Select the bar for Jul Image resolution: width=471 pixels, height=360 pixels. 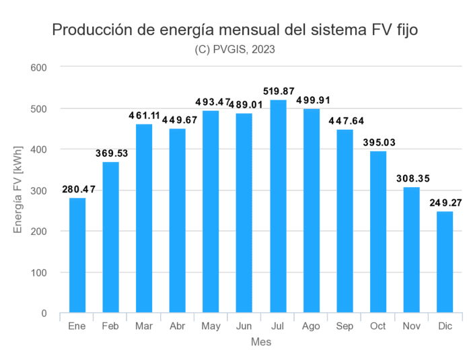point(278,207)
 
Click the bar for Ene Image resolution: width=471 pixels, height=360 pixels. point(77,256)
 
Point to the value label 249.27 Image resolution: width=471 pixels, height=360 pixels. point(445,202)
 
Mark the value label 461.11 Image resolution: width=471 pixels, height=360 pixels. point(144,115)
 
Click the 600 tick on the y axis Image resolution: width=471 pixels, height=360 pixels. point(38,67)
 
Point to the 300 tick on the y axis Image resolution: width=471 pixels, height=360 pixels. point(38,190)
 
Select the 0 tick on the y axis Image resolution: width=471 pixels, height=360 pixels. point(44,314)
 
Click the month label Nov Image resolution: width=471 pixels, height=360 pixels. point(411,326)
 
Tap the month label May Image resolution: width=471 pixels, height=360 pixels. point(211,326)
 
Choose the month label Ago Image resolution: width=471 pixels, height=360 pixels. point(311,326)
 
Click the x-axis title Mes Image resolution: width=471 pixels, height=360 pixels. point(261,342)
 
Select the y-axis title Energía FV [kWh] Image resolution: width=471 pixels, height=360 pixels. point(18,190)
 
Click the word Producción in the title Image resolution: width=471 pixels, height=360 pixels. point(92,30)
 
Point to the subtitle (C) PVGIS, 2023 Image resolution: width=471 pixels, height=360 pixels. point(235,49)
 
